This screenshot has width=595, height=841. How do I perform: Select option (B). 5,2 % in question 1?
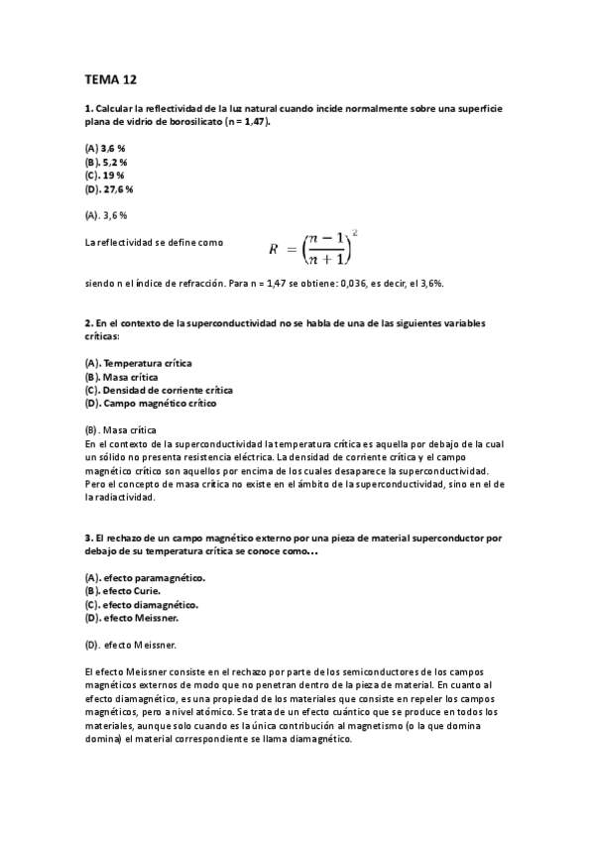[x=107, y=161]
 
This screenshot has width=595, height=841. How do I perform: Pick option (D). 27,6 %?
[x=109, y=188]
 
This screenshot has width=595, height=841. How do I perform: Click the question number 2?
[x=88, y=323]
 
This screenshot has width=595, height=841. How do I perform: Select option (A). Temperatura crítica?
[x=139, y=363]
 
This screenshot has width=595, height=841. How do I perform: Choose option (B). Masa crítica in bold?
[x=121, y=377]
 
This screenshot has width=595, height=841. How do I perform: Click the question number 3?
[x=88, y=538]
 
